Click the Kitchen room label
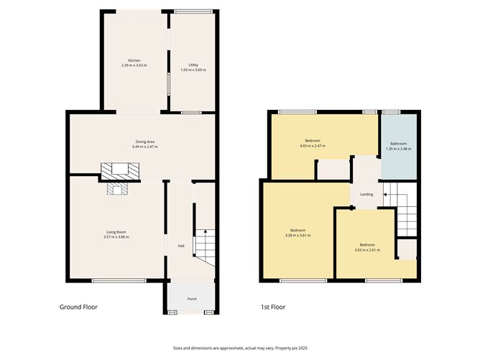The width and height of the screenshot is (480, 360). click(x=134, y=60)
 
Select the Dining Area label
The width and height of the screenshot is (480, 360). click(x=146, y=142)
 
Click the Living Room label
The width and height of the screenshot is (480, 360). click(x=116, y=231)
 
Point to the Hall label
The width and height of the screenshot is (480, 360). click(x=182, y=246)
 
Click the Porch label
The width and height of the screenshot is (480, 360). click(x=192, y=299)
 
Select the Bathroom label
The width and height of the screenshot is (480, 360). click(x=398, y=144)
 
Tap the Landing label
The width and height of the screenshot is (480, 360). click(x=366, y=194)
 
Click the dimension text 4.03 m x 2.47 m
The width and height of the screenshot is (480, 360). click(x=312, y=146)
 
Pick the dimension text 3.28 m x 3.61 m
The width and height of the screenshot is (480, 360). click(x=297, y=235)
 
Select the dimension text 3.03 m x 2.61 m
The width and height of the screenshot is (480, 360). click(x=366, y=250)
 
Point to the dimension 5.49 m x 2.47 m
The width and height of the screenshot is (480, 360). click(x=145, y=147)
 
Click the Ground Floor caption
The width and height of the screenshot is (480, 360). click(x=78, y=307)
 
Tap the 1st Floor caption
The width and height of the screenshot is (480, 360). click(x=273, y=307)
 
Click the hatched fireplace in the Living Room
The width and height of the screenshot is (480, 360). click(x=116, y=188)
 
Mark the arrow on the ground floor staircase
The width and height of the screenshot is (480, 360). click(x=205, y=232)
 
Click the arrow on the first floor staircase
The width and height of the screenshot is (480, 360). click(x=386, y=193)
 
